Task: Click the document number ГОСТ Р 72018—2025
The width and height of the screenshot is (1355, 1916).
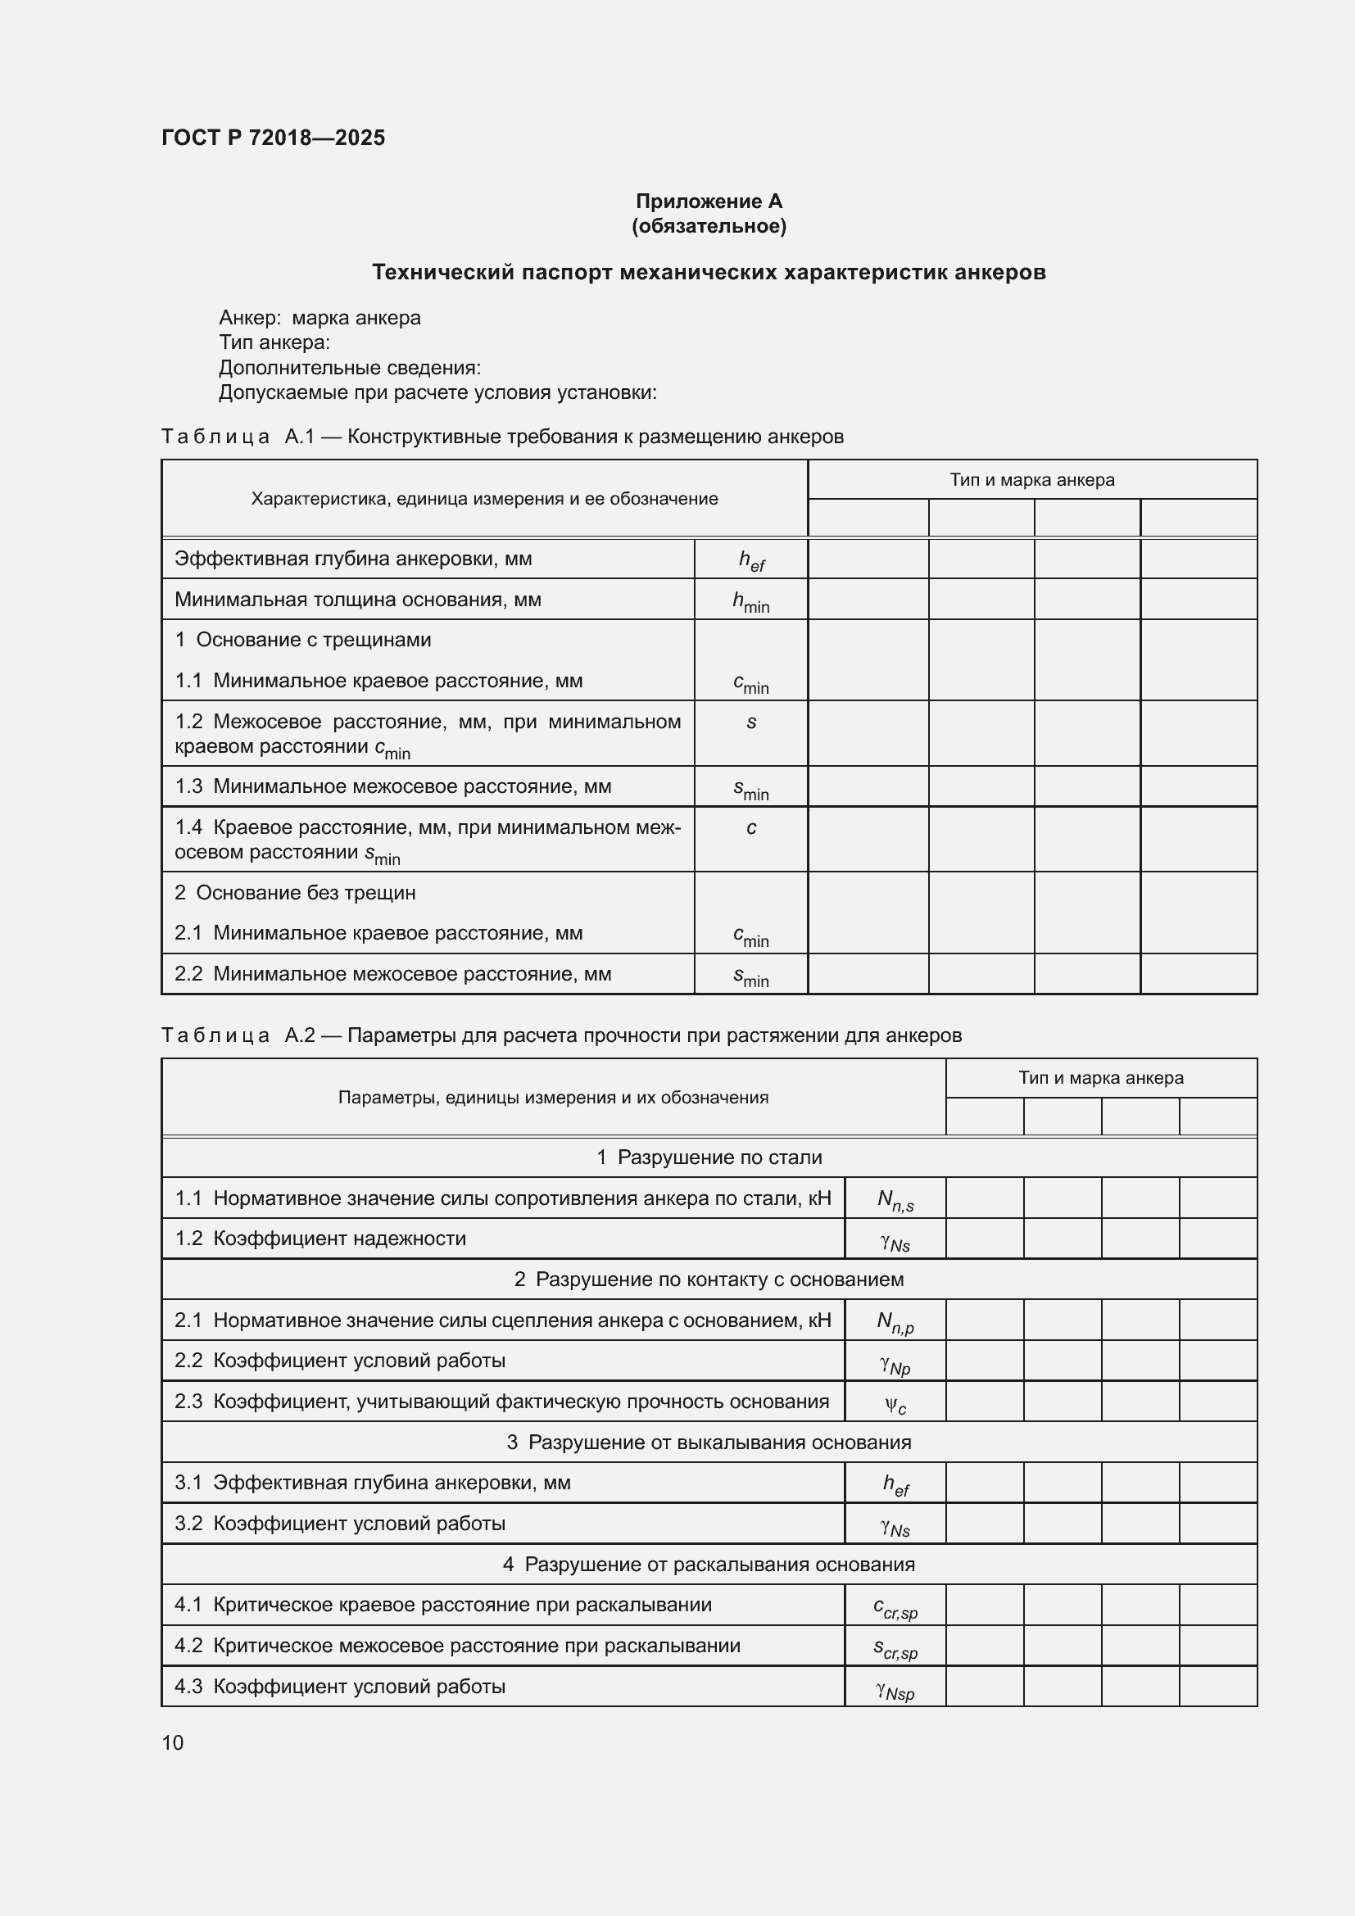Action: (273, 138)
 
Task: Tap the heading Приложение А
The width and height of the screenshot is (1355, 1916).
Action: (709, 202)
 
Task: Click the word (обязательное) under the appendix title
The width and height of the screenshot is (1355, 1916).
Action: (709, 226)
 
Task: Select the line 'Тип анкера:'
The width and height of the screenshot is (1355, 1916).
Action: (274, 342)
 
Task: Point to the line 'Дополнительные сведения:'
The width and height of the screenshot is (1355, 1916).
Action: (350, 367)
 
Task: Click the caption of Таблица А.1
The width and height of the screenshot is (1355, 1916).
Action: (501, 437)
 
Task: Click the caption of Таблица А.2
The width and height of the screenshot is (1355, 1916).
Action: (560, 1035)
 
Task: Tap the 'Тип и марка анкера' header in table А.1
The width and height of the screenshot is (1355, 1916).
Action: (1031, 480)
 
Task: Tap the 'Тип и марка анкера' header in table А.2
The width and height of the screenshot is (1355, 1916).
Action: (1099, 1077)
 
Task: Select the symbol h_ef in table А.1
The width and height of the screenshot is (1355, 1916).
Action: (751, 560)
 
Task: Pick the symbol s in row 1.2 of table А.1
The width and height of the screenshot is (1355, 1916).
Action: (751, 722)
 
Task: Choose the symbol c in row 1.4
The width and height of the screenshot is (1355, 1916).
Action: (751, 828)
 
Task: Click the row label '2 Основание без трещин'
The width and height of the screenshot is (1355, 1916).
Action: (295, 893)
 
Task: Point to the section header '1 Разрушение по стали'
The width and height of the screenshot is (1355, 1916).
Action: (709, 1157)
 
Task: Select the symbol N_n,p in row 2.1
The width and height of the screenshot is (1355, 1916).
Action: (895, 1321)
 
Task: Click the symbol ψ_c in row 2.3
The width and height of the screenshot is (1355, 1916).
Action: (895, 1404)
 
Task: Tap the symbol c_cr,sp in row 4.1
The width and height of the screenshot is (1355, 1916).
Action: (895, 1606)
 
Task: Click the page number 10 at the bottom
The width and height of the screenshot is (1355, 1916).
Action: (173, 1742)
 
